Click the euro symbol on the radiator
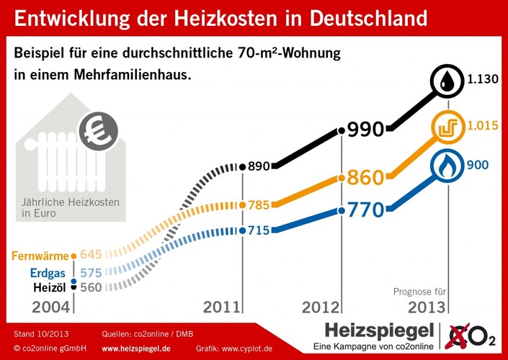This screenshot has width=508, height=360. tap(98, 132)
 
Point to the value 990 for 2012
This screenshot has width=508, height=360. tap(365, 130)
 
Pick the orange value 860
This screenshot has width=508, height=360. tap(365, 176)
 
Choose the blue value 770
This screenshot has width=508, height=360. tap(365, 211)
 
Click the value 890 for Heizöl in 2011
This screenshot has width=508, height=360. tap(259, 166)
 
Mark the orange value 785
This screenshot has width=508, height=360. tap(258, 205)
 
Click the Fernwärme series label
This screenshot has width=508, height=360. tap(40, 256)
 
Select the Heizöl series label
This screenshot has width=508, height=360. tap(50, 287)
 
